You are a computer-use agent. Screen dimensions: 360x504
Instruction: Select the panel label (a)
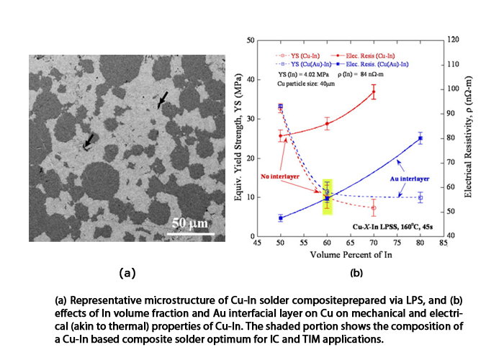click(x=127, y=273)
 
